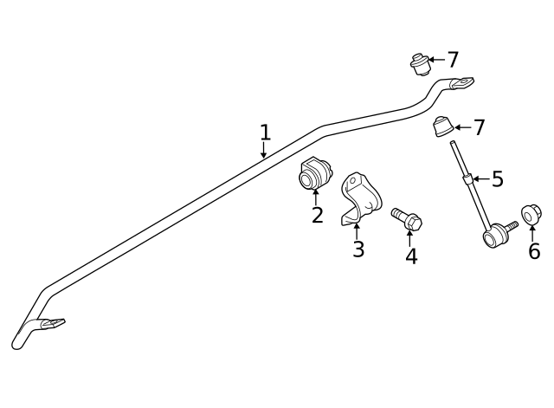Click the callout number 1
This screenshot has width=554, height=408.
(x=265, y=133)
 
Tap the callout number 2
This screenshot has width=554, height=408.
(x=318, y=215)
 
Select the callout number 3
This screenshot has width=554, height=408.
(x=358, y=249)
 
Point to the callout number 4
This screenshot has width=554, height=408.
(x=411, y=256)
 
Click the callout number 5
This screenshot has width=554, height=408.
(x=497, y=179)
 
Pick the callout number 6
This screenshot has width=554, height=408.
(x=533, y=251)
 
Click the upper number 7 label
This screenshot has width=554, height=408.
(x=452, y=60)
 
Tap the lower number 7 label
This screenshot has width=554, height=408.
(x=478, y=127)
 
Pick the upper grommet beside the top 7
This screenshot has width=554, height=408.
(x=419, y=63)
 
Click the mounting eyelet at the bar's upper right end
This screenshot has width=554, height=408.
(x=461, y=83)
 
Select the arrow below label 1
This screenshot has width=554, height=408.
(x=263, y=150)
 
